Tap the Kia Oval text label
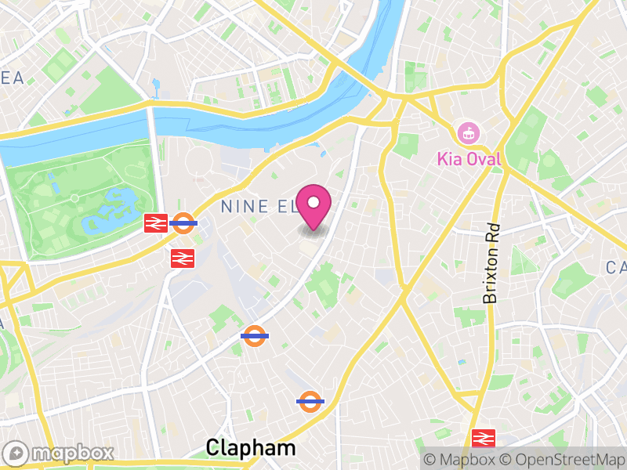pyautogui.click(x=469, y=160)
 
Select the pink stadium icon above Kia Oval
pyautogui.click(x=469, y=132)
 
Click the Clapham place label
pyautogui.click(x=251, y=448)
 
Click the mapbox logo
pyautogui.click(x=60, y=453)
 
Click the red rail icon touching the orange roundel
pyautogui.click(x=154, y=223)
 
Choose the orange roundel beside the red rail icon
pyautogui.click(x=183, y=223)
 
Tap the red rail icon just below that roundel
pyautogui.click(x=182, y=257)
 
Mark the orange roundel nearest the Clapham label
pyautogui.click(x=310, y=401)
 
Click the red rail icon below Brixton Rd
pyautogui.click(x=484, y=437)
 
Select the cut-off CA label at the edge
pyautogui.click(x=616, y=269)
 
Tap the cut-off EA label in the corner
pyautogui.click(x=12, y=78)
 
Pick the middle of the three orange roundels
pyautogui.click(x=254, y=335)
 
